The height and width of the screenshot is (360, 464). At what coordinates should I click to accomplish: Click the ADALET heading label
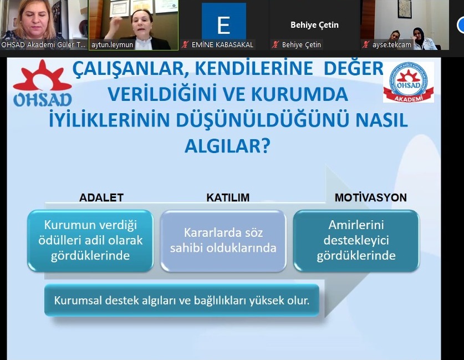(x=101, y=197)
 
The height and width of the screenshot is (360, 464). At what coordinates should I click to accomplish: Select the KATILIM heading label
(x=228, y=197)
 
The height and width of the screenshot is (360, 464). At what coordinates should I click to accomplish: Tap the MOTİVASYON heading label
(x=370, y=197)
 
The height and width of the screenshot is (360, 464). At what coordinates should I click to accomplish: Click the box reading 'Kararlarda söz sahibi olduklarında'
(x=223, y=240)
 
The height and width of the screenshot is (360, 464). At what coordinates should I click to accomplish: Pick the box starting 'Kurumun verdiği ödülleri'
(x=90, y=240)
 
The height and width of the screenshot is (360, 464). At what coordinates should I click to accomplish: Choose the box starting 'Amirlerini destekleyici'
(x=356, y=240)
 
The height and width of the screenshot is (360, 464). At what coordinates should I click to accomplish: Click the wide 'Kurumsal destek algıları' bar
(x=182, y=300)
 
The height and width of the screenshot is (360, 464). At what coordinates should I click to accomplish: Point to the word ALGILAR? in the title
(x=227, y=146)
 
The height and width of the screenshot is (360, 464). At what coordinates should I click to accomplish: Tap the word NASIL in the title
(x=382, y=120)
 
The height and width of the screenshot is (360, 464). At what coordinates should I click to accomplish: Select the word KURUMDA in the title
(x=299, y=94)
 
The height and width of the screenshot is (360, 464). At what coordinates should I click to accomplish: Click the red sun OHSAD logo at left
(x=42, y=83)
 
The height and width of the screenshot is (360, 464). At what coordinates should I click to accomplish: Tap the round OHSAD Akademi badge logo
(x=409, y=82)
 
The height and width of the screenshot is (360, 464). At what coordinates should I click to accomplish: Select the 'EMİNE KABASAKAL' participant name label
(x=222, y=45)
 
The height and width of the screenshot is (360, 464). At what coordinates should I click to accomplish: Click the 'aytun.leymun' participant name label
(x=112, y=45)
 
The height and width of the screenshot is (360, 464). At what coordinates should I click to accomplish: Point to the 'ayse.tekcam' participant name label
(x=391, y=45)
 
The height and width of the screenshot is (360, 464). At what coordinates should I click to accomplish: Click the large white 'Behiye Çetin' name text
(x=314, y=25)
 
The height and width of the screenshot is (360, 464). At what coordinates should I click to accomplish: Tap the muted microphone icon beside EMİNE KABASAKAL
(x=185, y=45)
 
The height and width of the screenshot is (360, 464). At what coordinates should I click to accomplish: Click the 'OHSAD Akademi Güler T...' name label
(x=43, y=45)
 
